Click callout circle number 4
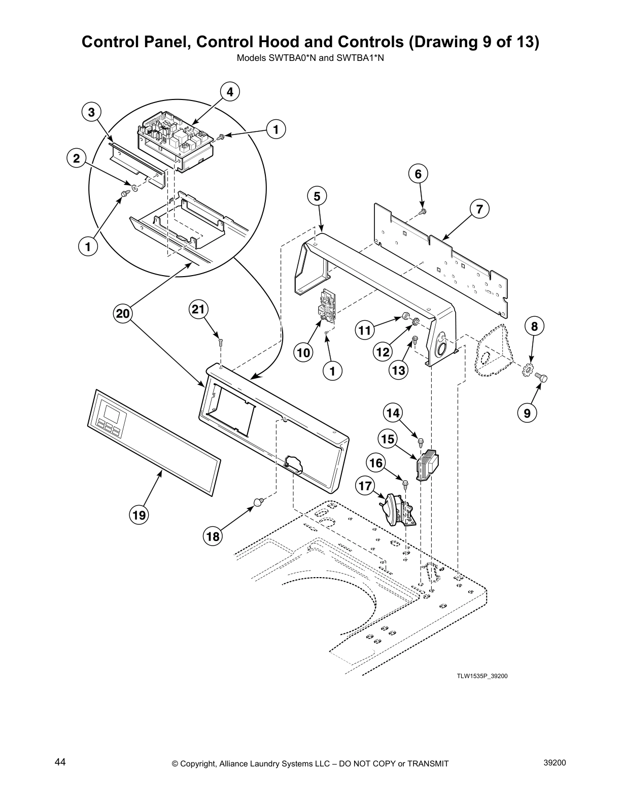coord(230,92)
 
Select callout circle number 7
coord(479,209)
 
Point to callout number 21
coord(199,309)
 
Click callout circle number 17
coord(365,486)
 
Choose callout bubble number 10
coord(304,352)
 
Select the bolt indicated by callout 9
coord(545,378)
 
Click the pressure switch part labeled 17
coord(398,511)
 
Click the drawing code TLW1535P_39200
coord(482,676)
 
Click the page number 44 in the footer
coord(60,762)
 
